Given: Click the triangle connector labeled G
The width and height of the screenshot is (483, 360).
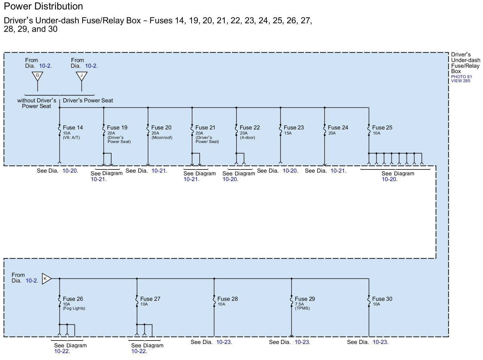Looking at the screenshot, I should pyautogui.click(x=37, y=76).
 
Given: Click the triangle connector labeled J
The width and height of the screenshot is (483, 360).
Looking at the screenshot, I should pyautogui.click(x=81, y=76).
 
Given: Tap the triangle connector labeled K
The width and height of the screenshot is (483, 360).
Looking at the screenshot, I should pyautogui.click(x=46, y=279).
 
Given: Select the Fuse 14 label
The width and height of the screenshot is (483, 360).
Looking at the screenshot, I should pyautogui.click(x=73, y=128).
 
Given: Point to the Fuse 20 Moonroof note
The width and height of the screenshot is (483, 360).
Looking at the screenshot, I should pyautogui.click(x=162, y=138).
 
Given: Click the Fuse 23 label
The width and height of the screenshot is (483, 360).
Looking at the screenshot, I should pyautogui.click(x=294, y=128).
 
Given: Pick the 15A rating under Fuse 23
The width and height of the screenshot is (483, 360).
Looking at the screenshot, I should pyautogui.click(x=288, y=133).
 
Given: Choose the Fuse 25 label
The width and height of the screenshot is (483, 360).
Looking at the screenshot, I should pyautogui.click(x=382, y=128).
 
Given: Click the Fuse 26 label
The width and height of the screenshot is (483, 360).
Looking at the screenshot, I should pyautogui.click(x=73, y=299).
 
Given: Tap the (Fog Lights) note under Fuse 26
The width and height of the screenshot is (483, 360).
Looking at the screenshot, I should pyautogui.click(x=74, y=308).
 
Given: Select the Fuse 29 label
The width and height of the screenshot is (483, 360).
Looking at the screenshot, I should pyautogui.click(x=305, y=299).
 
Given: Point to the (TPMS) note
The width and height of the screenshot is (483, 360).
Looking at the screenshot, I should pyautogui.click(x=302, y=308).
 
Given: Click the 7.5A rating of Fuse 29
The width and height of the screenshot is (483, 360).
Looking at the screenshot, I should pyautogui.click(x=300, y=304).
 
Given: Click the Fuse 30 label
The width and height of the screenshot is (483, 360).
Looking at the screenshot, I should pyautogui.click(x=382, y=299).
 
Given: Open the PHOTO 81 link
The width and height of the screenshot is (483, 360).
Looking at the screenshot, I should pyautogui.click(x=461, y=77).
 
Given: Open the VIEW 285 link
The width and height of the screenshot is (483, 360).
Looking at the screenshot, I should pyautogui.click(x=461, y=81).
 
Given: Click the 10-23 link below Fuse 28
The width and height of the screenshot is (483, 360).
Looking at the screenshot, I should pyautogui.click(x=224, y=342).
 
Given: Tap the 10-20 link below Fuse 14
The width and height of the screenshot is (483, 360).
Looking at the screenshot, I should pyautogui.click(x=70, y=171).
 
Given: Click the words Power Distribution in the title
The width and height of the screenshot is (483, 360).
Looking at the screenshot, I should pyautogui.click(x=43, y=6).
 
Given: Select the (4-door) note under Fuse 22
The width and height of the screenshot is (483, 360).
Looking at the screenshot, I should pyautogui.click(x=247, y=138).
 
